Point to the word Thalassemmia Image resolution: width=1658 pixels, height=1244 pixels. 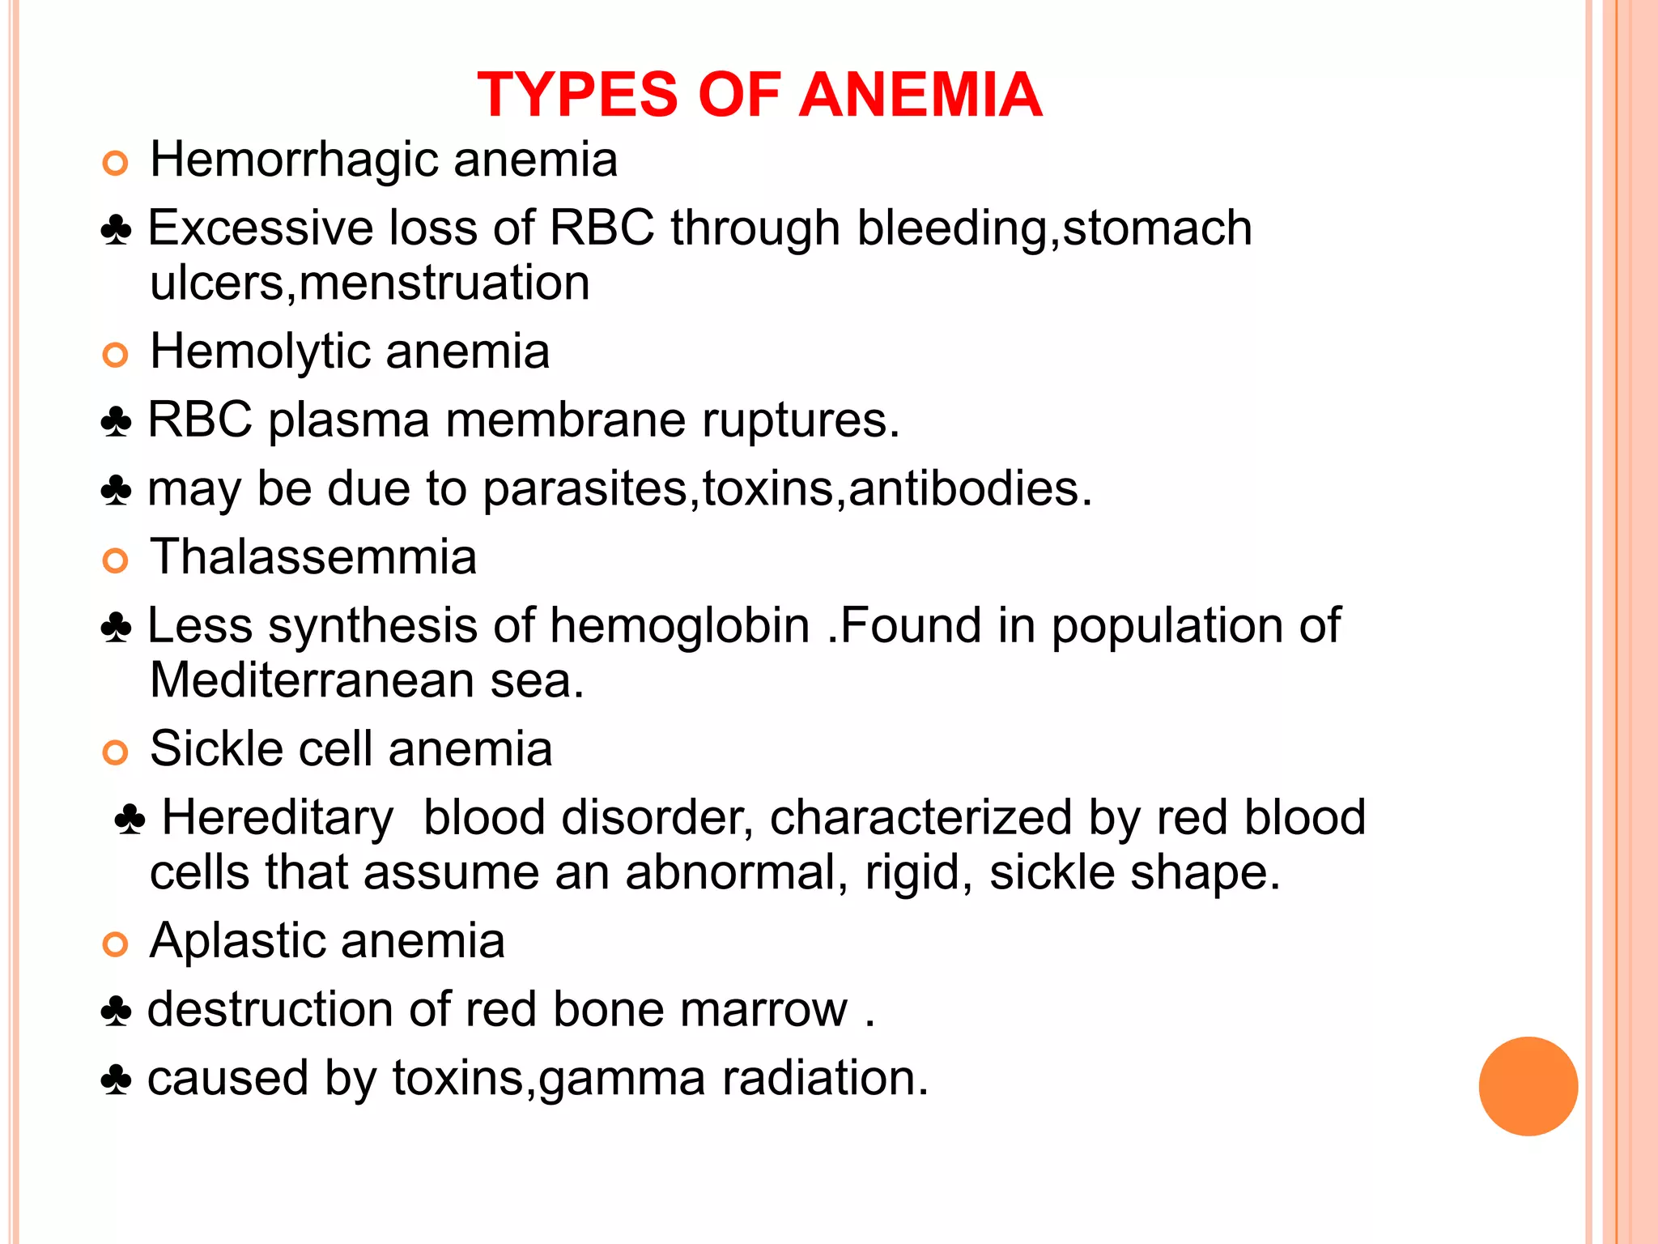(313, 557)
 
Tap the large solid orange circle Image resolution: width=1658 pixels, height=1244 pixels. (1528, 1086)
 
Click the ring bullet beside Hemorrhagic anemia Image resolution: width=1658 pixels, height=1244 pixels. (116, 164)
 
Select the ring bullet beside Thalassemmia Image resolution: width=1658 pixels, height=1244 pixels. (116, 560)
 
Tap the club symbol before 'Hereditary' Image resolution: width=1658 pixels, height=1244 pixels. (130, 820)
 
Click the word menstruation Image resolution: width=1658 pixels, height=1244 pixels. (444, 283)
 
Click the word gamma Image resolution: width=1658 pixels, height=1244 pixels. (622, 1080)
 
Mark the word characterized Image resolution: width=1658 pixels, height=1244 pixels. (920, 818)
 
